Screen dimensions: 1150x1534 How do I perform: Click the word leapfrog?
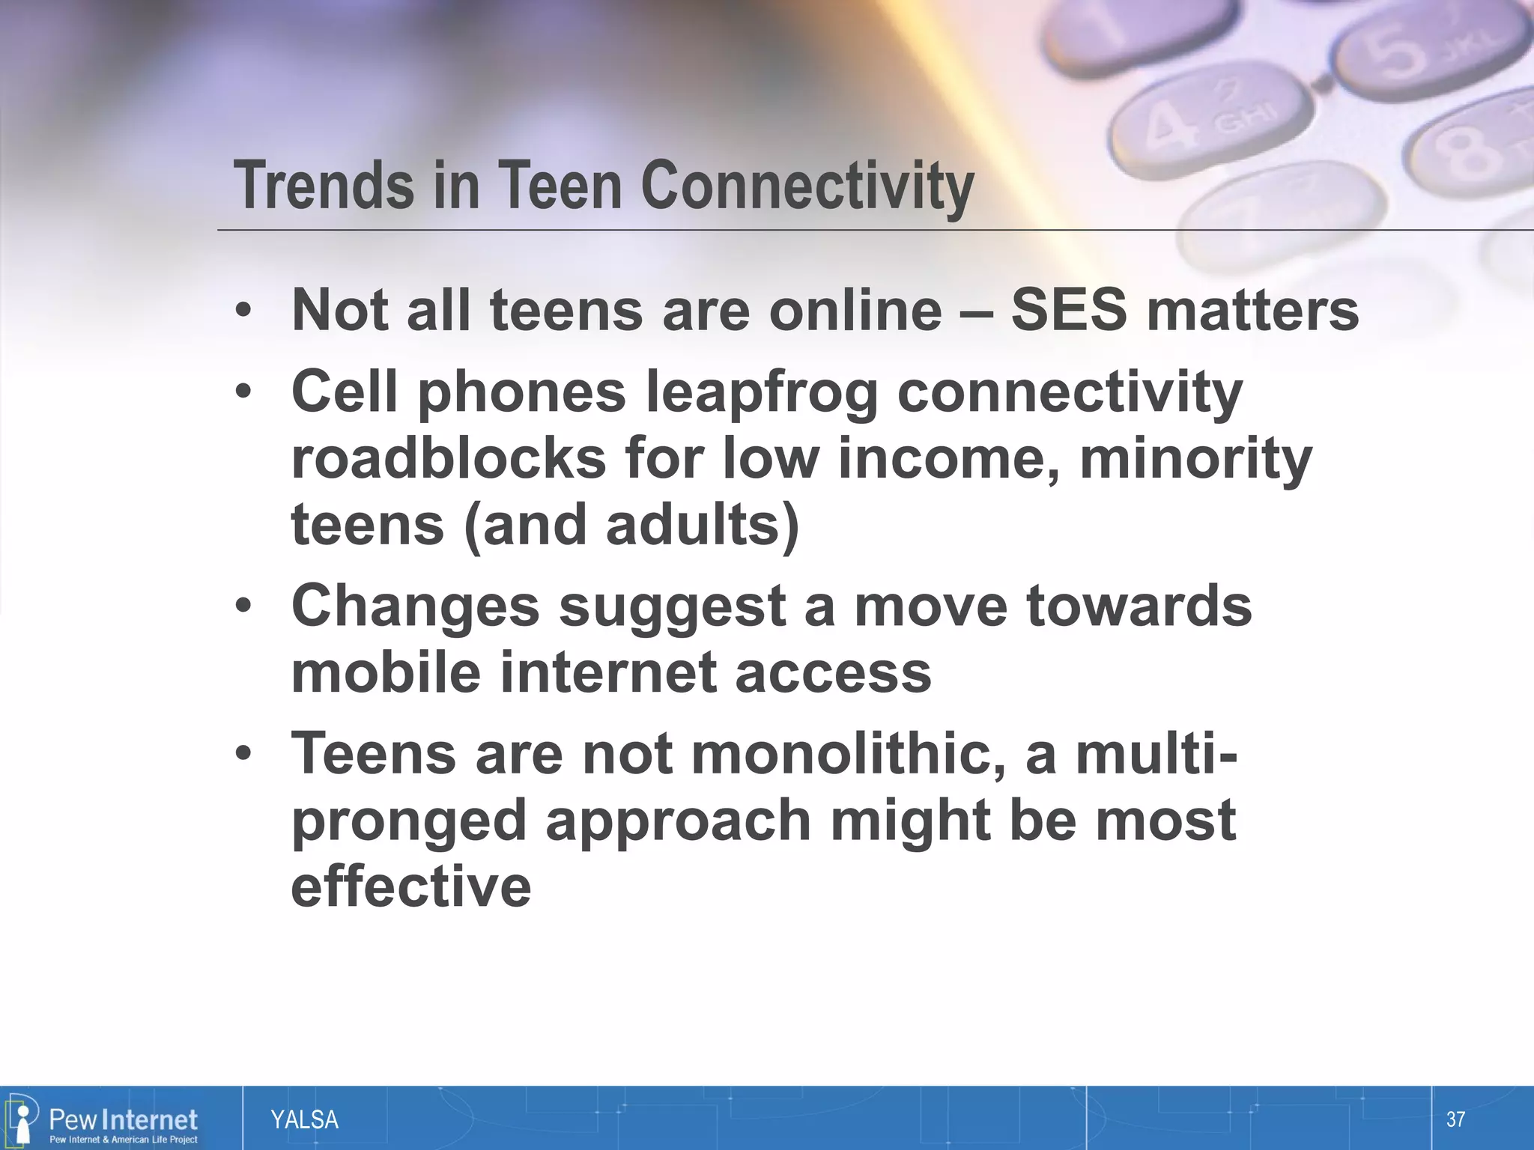click(761, 392)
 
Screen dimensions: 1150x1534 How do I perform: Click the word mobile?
click(385, 671)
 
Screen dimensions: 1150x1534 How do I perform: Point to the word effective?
click(410, 886)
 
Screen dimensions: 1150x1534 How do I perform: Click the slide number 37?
click(1455, 1119)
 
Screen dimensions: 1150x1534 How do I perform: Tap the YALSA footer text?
click(304, 1120)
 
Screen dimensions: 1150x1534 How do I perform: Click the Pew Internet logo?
click(105, 1120)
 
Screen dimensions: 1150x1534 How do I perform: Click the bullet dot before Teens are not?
click(243, 755)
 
